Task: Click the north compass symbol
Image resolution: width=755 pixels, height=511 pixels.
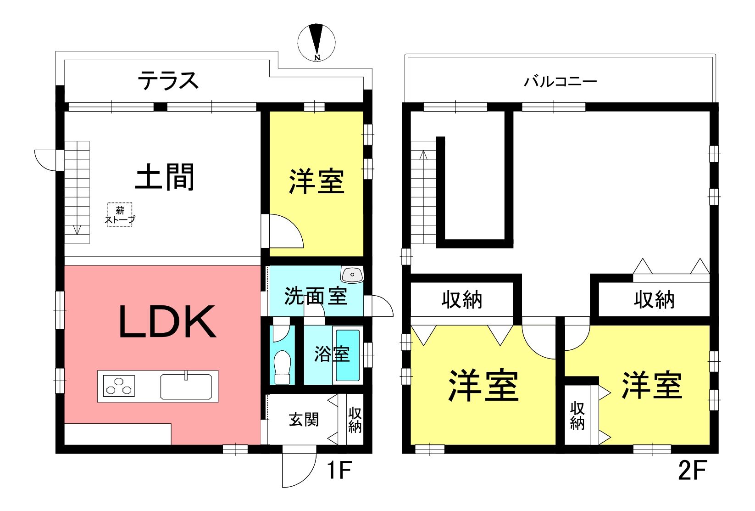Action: pyautogui.click(x=316, y=43)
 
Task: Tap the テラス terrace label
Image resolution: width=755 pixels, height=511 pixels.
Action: pyautogui.click(x=168, y=80)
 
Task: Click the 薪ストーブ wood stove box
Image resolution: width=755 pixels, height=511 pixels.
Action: pyautogui.click(x=120, y=215)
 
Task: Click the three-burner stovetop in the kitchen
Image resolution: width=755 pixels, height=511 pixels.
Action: pyautogui.click(x=119, y=386)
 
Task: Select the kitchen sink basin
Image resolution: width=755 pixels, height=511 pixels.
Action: pyautogui.click(x=186, y=387)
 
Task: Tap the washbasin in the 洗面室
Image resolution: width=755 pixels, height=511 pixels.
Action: pyautogui.click(x=352, y=275)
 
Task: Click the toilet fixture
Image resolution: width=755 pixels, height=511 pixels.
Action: pyautogui.click(x=282, y=367)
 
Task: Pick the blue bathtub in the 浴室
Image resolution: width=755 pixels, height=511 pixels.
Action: pyautogui.click(x=348, y=355)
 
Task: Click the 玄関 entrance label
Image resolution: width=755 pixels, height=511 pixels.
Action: pyautogui.click(x=304, y=420)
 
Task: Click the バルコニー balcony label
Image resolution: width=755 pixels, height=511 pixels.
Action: pyautogui.click(x=560, y=81)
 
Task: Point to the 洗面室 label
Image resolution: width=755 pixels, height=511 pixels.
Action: pyautogui.click(x=316, y=296)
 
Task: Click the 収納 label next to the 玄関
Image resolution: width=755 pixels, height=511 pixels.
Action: pyautogui.click(x=355, y=420)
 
